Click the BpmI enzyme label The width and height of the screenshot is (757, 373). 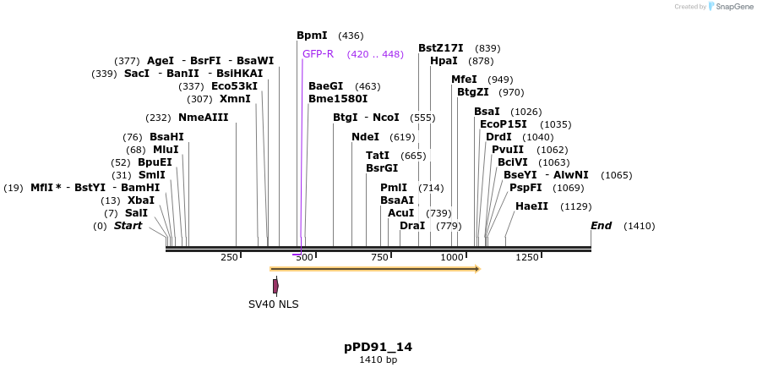click(312, 36)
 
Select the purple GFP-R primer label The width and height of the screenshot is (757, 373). click(318, 54)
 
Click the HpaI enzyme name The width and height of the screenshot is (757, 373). click(444, 61)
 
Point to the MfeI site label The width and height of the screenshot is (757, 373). click(464, 80)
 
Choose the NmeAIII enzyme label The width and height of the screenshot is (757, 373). click(203, 118)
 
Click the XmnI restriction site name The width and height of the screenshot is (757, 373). click(235, 99)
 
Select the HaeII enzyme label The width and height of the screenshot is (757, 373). click(531, 206)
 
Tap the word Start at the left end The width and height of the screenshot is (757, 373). click(128, 226)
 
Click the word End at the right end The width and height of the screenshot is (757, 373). click(601, 226)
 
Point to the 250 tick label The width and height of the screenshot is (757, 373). click(229, 257)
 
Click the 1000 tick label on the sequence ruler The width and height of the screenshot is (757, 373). click(452, 257)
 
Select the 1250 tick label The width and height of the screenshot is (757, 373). click(526, 257)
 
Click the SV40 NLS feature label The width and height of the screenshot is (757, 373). click(273, 304)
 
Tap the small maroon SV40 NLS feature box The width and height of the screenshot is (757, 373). click(275, 287)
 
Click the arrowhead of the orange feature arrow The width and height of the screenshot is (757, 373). click(477, 269)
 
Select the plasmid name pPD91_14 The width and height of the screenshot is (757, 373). click(378, 347)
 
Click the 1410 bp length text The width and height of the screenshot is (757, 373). click(378, 360)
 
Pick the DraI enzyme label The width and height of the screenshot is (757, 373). click(412, 226)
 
